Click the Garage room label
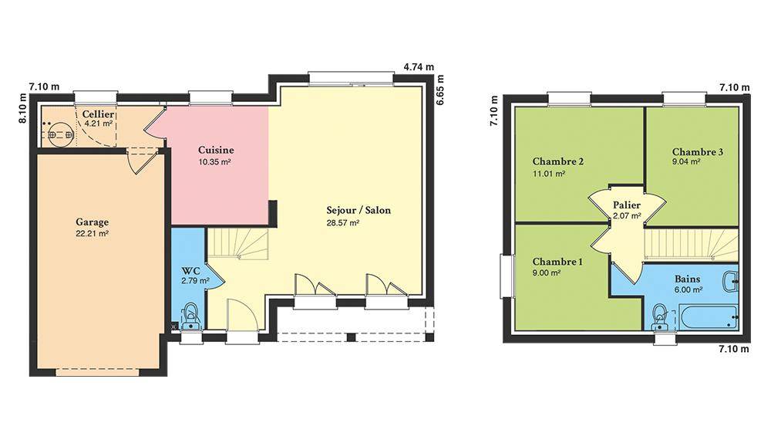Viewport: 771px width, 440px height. pyautogui.click(x=92, y=222)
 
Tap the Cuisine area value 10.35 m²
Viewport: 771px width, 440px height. pyautogui.click(x=215, y=162)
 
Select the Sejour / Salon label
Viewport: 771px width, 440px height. pyautogui.click(x=359, y=210)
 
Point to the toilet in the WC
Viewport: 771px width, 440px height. pyautogui.click(x=190, y=316)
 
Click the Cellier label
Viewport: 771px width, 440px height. pyautogui.click(x=99, y=114)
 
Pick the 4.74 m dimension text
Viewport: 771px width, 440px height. pyautogui.click(x=419, y=67)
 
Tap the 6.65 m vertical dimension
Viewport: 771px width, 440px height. pyautogui.click(x=440, y=90)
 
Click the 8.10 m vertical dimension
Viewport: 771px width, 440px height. pyautogui.click(x=22, y=108)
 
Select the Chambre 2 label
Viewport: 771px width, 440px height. pyautogui.click(x=558, y=161)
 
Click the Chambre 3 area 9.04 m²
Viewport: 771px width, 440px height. pyautogui.click(x=686, y=162)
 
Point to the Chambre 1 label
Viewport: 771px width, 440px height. pyautogui.click(x=557, y=262)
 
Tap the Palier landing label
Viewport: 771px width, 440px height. pyautogui.click(x=626, y=205)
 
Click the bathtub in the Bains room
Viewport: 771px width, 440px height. pyautogui.click(x=708, y=317)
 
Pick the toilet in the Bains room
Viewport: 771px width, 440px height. pyautogui.click(x=660, y=317)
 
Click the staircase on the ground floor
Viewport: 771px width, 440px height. pyautogui.click(x=238, y=244)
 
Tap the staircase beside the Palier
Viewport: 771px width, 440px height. pyautogui.click(x=691, y=244)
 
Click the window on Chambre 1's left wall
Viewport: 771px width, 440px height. pyautogui.click(x=507, y=276)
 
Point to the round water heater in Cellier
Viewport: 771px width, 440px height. pyautogui.click(x=61, y=134)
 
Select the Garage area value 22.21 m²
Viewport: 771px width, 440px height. pyautogui.click(x=92, y=234)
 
